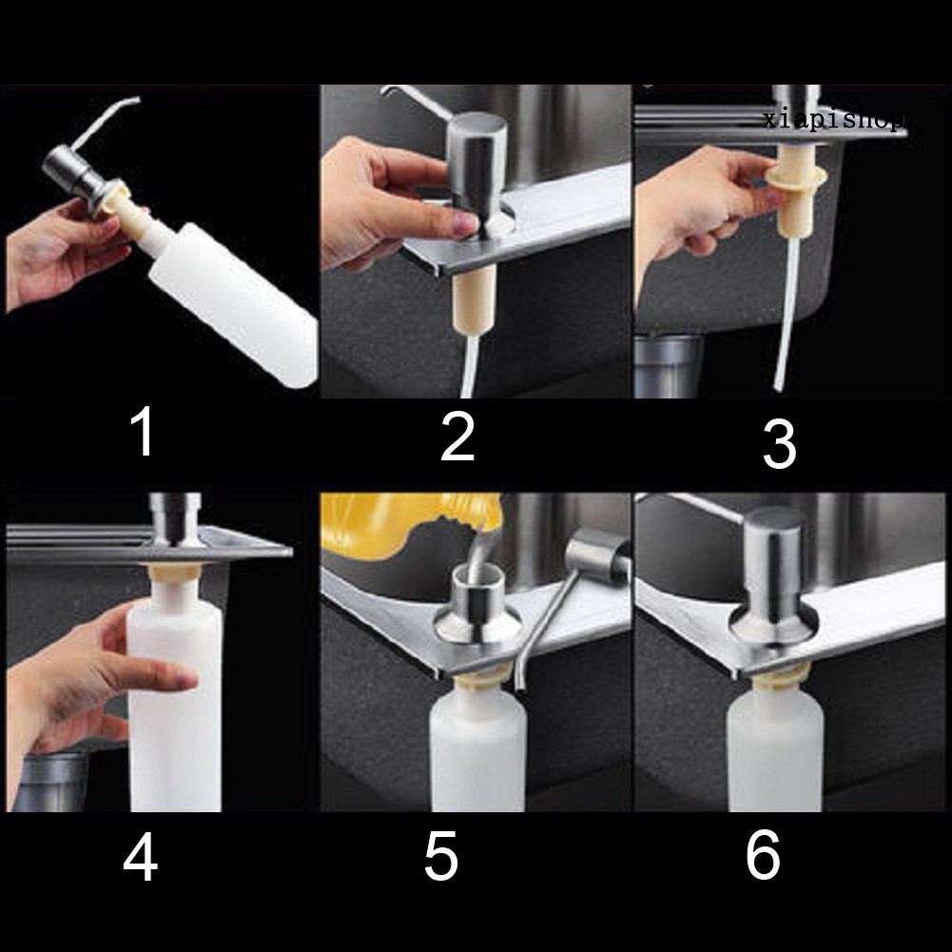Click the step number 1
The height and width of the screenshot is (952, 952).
144,432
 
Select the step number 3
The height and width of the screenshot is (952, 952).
779,444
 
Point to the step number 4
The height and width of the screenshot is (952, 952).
141,857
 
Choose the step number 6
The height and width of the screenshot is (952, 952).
763,854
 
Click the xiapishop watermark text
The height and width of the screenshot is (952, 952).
834,120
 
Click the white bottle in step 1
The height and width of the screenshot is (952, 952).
234,303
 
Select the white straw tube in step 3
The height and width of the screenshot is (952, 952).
787,316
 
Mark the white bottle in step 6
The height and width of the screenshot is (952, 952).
775,747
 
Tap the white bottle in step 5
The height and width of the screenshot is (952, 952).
477,749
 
